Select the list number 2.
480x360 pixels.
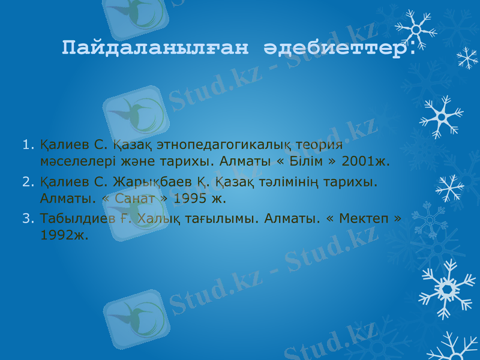[x=26, y=181]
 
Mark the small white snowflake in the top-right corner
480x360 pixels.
[x=467, y=58]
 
